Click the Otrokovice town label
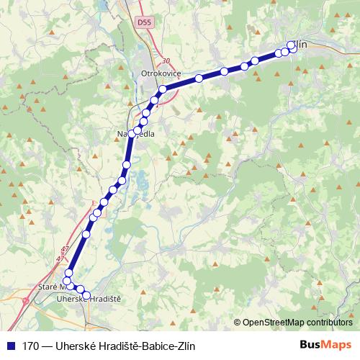159,73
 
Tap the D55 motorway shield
143,23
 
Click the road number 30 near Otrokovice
166,61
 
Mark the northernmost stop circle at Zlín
292,45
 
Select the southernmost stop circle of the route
86,295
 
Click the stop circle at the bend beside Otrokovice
163,89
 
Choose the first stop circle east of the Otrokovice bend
198,78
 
